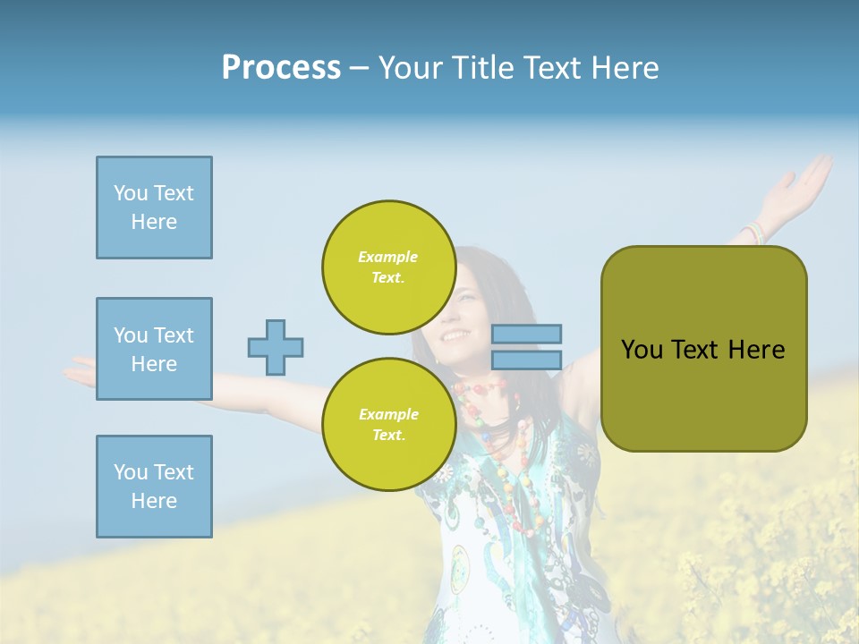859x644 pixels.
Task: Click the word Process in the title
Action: click(x=281, y=68)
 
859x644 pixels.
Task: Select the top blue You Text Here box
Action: click(x=154, y=208)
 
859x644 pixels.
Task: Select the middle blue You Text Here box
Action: click(x=154, y=349)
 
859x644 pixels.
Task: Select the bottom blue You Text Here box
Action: click(x=154, y=487)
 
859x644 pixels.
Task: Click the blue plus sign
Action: click(x=276, y=347)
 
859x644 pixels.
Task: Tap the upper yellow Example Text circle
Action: click(x=388, y=267)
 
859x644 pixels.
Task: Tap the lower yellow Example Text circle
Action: click(x=388, y=425)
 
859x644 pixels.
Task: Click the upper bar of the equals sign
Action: click(x=526, y=334)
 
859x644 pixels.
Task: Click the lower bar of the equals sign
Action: click(x=526, y=360)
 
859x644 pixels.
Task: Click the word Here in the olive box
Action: click(x=756, y=350)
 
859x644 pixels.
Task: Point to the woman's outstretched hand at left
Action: click(x=82, y=369)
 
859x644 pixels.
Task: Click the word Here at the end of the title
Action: click(x=626, y=68)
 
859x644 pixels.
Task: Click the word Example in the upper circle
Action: click(x=388, y=257)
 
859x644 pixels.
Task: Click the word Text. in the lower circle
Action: click(x=388, y=436)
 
